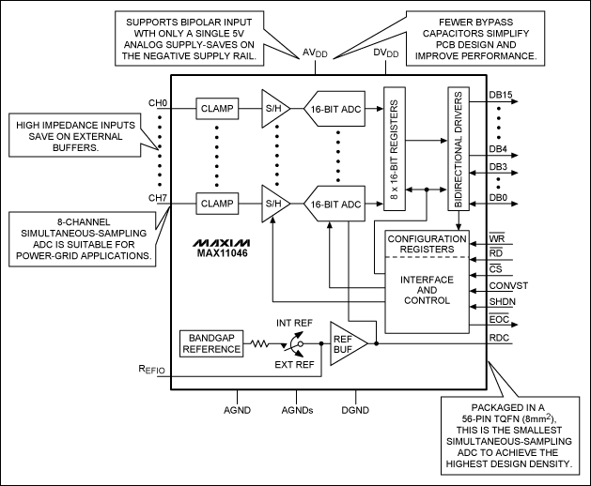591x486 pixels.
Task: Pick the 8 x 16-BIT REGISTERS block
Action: (x=393, y=153)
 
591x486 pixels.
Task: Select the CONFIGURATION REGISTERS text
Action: (x=427, y=245)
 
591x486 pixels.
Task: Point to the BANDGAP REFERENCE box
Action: (x=212, y=342)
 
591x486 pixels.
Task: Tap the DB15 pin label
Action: (x=501, y=95)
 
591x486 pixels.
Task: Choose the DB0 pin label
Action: (x=499, y=197)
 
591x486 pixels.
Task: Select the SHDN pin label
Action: (x=504, y=302)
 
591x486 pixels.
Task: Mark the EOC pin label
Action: (x=500, y=319)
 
